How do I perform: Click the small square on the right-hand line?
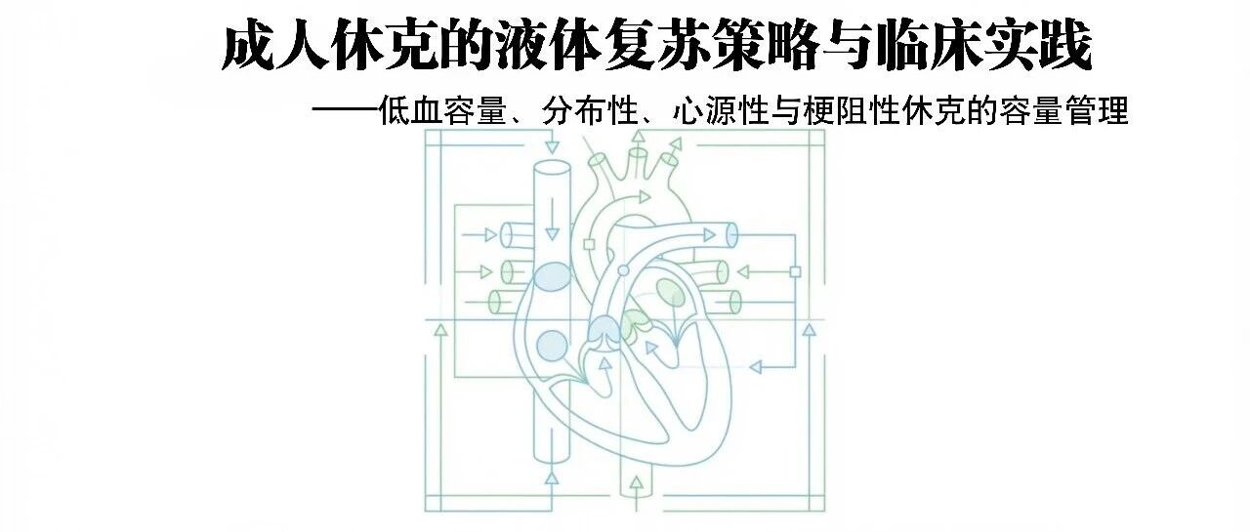pyautogui.click(x=795, y=271)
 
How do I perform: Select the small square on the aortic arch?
pyautogui.click(x=589, y=244)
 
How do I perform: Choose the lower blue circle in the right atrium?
pyautogui.click(x=552, y=344)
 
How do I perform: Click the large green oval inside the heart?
pyautogui.click(x=670, y=290)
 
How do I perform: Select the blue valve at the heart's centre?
pyautogui.click(x=602, y=331)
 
